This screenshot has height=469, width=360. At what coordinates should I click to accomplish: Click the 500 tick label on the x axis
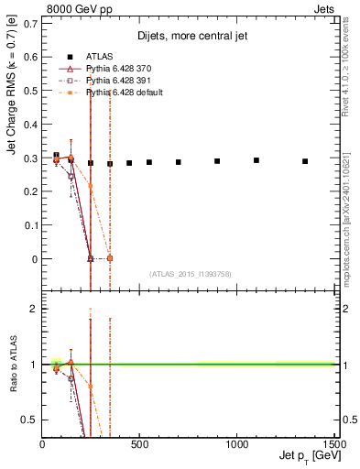pyautogui.click(x=139, y=444)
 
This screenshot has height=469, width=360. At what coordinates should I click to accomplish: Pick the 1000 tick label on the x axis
pyautogui.click(x=236, y=444)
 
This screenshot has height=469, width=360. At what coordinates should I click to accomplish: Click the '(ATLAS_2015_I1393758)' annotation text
pyautogui.click(x=190, y=273)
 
